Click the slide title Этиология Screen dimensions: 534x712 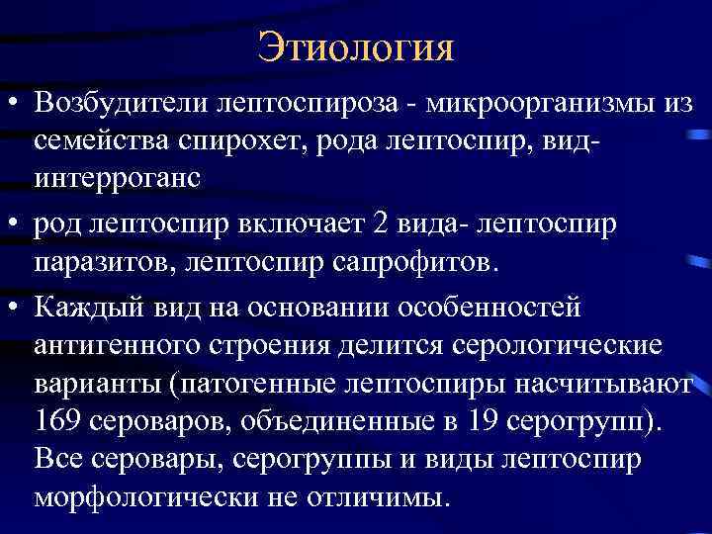[x=355, y=45]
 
